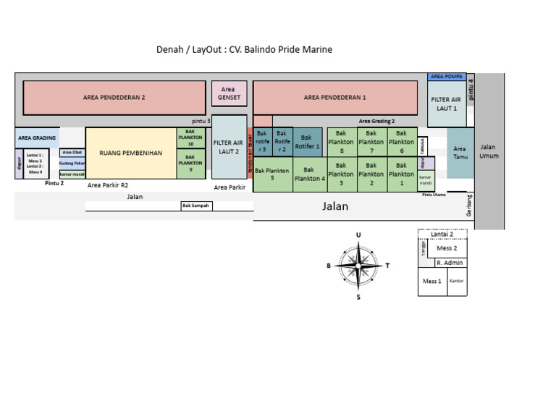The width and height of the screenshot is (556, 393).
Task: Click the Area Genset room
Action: click(228, 93)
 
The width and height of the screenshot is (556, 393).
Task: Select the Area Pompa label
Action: click(447, 76)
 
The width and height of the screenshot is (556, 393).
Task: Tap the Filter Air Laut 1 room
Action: click(447, 103)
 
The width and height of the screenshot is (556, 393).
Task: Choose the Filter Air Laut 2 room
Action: click(228, 147)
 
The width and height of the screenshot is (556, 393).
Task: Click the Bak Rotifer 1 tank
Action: click(308, 141)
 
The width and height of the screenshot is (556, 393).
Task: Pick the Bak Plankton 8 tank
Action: click(342, 142)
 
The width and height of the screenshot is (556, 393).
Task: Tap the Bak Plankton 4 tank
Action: click(309, 174)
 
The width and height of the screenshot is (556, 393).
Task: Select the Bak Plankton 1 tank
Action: click(402, 174)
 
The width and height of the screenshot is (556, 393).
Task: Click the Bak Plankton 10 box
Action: click(191, 138)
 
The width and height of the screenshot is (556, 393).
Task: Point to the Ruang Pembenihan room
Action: click(131, 153)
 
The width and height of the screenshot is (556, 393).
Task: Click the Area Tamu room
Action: click(460, 153)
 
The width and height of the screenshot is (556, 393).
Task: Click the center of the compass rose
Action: click(358, 265)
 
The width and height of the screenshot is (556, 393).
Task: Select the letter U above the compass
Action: click(358, 235)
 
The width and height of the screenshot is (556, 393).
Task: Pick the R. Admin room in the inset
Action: click(449, 263)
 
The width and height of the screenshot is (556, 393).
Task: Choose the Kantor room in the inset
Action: click(457, 281)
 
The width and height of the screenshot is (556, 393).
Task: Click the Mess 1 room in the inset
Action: click(432, 281)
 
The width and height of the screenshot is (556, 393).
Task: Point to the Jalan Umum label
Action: click(489, 151)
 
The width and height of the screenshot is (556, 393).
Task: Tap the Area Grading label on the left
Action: click(37, 138)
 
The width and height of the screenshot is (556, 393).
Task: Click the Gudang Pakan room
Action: click(72, 164)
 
